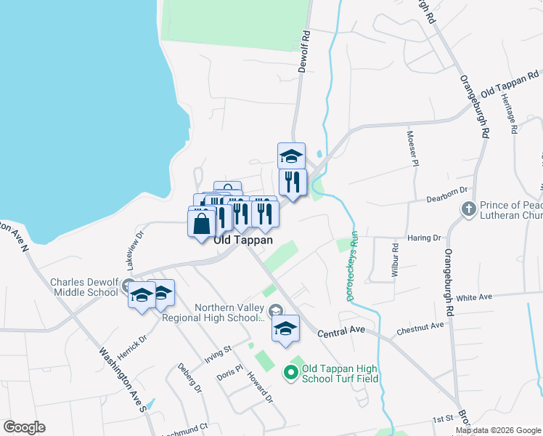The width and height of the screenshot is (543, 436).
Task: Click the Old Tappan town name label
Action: pyautogui.click(x=243, y=240)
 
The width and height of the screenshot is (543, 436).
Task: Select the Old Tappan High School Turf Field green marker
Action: pyautogui.click(x=290, y=374)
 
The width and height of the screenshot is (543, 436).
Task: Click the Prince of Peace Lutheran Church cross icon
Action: pyautogui.click(x=468, y=209)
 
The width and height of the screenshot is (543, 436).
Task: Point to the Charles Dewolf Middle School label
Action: pyautogui.click(x=83, y=287)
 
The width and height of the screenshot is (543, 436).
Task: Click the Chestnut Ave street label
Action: pyautogui.click(x=420, y=329)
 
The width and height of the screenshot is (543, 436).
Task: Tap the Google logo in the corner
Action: pyautogui.click(x=24, y=427)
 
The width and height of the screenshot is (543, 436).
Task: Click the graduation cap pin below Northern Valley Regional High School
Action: pyautogui.click(x=286, y=328)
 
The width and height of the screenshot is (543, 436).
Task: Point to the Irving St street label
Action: pyautogui.click(x=218, y=354)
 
